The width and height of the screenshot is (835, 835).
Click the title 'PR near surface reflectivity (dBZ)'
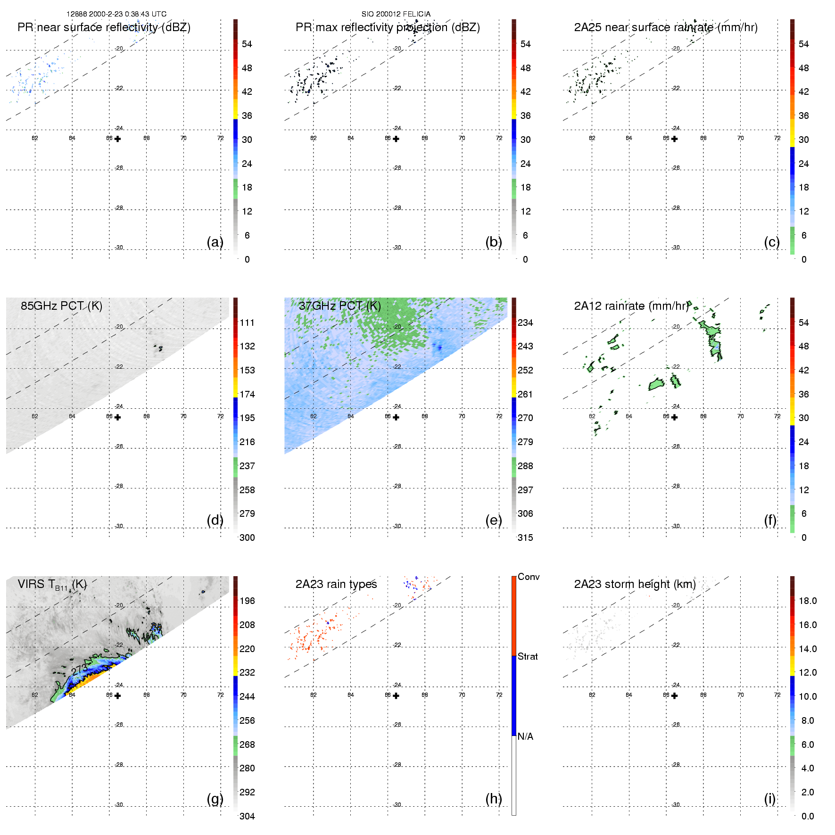[104, 27]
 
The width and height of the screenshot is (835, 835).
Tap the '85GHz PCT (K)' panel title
[61, 306]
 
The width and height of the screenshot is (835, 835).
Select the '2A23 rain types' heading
[336, 584]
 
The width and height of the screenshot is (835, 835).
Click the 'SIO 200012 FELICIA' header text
[396, 14]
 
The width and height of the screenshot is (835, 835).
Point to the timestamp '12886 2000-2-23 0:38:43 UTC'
[116, 14]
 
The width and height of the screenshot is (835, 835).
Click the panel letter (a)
[215, 242]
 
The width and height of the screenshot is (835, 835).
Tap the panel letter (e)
[494, 520]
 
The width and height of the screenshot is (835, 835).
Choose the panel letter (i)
[769, 799]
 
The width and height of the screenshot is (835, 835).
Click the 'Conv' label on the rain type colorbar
[529, 577]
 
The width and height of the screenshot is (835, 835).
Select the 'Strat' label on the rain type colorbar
[528, 656]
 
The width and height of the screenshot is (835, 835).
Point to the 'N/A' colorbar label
[525, 736]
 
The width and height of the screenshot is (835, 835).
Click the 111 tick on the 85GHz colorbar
[247, 322]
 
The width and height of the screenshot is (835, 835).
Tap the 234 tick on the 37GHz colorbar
[525, 322]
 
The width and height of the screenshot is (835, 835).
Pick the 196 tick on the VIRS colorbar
[247, 601]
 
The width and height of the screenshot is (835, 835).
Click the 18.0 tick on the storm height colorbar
[807, 601]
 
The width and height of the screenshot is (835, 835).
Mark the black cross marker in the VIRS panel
[117, 696]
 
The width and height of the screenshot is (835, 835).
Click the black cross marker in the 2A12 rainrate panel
[675, 417]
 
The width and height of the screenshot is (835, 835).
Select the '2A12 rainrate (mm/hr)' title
[632, 306]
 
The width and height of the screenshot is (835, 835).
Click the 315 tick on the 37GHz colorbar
[525, 537]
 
